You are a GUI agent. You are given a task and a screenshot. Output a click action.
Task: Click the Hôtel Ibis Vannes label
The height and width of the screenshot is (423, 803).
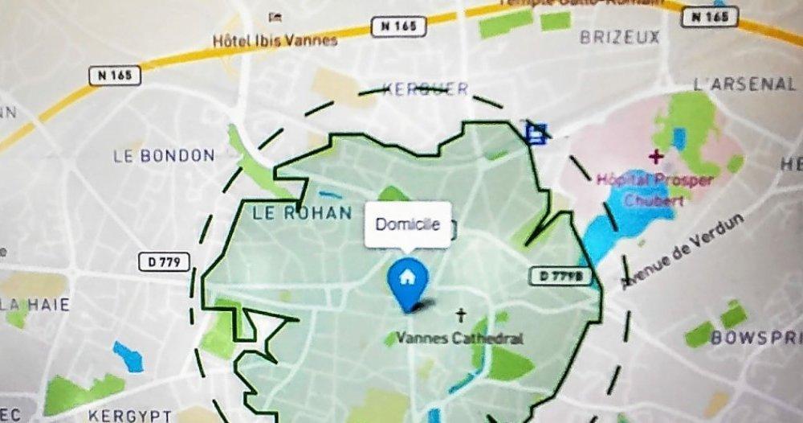click(x=275, y=39)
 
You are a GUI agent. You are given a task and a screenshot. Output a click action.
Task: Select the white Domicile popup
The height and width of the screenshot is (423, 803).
click(x=407, y=224)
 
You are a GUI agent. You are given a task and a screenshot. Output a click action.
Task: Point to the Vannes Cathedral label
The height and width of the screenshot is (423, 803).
click(x=459, y=338)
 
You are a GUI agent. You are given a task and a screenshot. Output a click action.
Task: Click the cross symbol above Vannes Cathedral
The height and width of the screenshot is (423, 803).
click(x=461, y=314)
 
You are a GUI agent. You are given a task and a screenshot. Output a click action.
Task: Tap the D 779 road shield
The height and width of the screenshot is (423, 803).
click(x=165, y=261)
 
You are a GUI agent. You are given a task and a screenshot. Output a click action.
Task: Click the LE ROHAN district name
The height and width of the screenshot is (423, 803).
click(x=302, y=213)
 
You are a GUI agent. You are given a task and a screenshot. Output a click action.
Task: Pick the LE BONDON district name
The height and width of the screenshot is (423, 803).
click(x=165, y=156)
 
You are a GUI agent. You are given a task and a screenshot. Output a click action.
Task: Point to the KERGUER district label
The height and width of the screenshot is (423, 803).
click(x=426, y=89)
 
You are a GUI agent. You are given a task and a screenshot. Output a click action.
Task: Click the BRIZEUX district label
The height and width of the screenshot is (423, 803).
click(x=619, y=37)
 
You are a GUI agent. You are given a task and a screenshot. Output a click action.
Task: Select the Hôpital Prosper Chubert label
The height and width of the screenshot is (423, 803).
click(x=653, y=188)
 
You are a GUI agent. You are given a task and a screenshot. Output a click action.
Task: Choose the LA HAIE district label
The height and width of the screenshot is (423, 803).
click(x=35, y=305)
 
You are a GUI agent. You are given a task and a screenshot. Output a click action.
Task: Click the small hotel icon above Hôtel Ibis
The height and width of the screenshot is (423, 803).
click(x=275, y=17)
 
